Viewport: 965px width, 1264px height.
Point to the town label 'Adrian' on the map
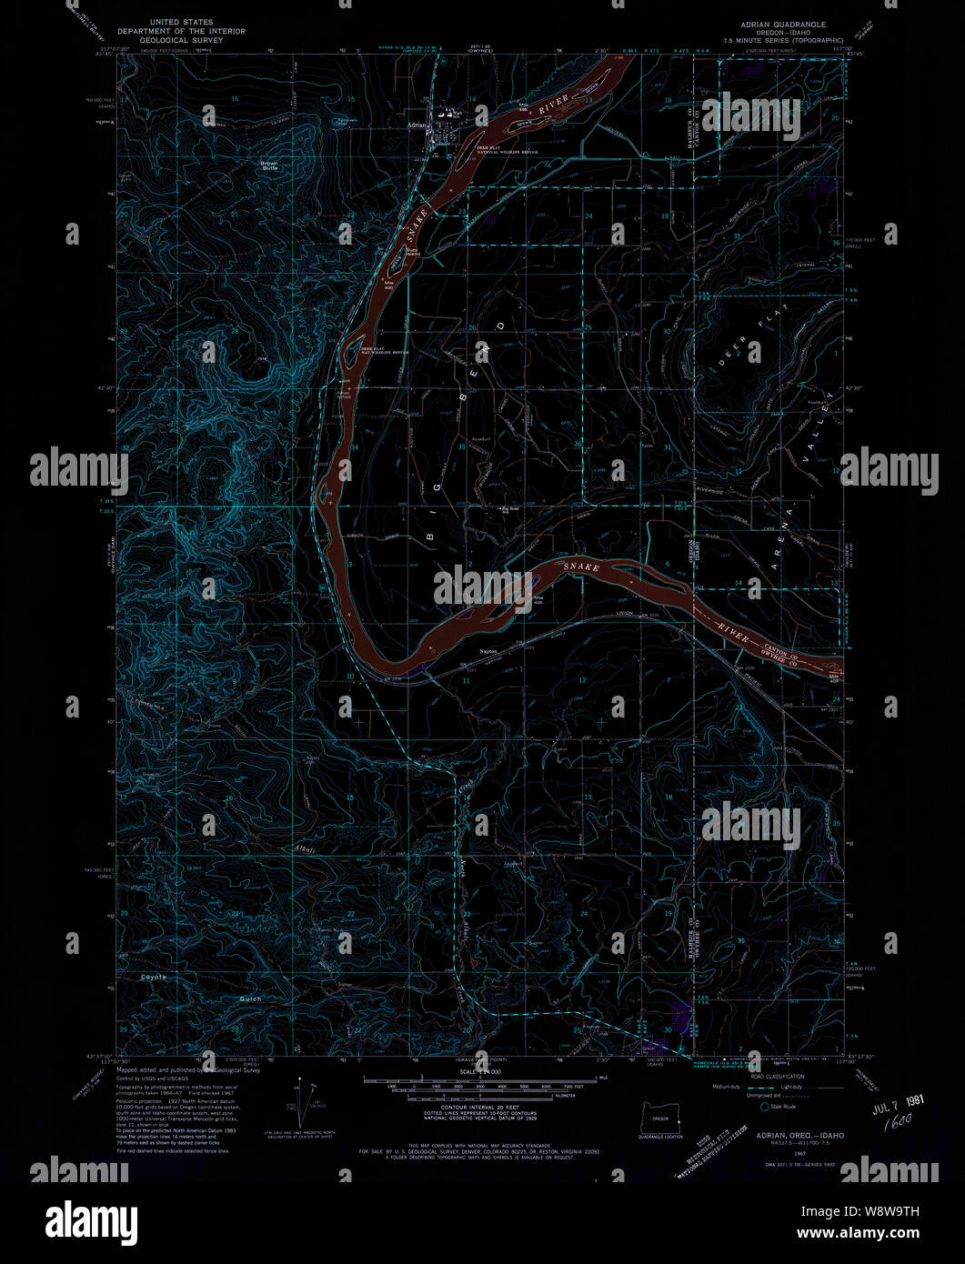pos(417,125)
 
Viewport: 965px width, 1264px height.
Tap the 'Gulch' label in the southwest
pos(250,998)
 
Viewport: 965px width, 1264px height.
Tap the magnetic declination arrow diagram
pos(298,1103)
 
